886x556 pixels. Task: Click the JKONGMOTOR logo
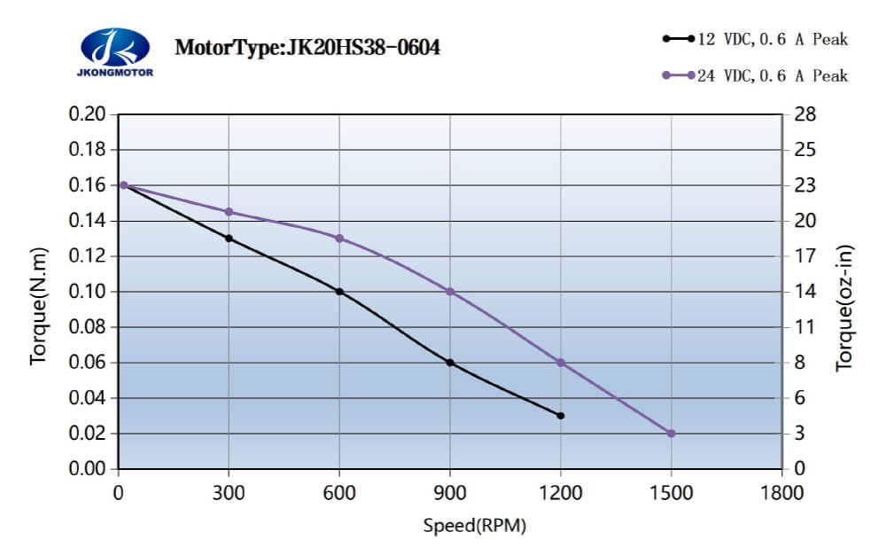(x=116, y=51)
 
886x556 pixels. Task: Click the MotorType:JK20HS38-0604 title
(x=307, y=47)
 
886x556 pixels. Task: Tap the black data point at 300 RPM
(x=229, y=239)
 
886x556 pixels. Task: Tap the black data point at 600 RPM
(x=339, y=292)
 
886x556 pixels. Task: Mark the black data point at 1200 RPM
(x=560, y=416)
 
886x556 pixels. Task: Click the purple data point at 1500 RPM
(x=671, y=434)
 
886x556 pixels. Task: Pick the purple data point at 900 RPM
(x=450, y=292)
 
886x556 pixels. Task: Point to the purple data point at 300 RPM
(x=229, y=212)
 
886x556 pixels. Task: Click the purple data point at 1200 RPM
(x=560, y=363)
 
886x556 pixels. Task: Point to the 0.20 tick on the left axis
(x=88, y=114)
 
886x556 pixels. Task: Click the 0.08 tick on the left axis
(x=88, y=327)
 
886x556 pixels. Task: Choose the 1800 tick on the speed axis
(x=781, y=493)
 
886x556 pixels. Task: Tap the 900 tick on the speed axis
(x=450, y=493)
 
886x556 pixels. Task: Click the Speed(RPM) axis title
(x=475, y=526)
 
